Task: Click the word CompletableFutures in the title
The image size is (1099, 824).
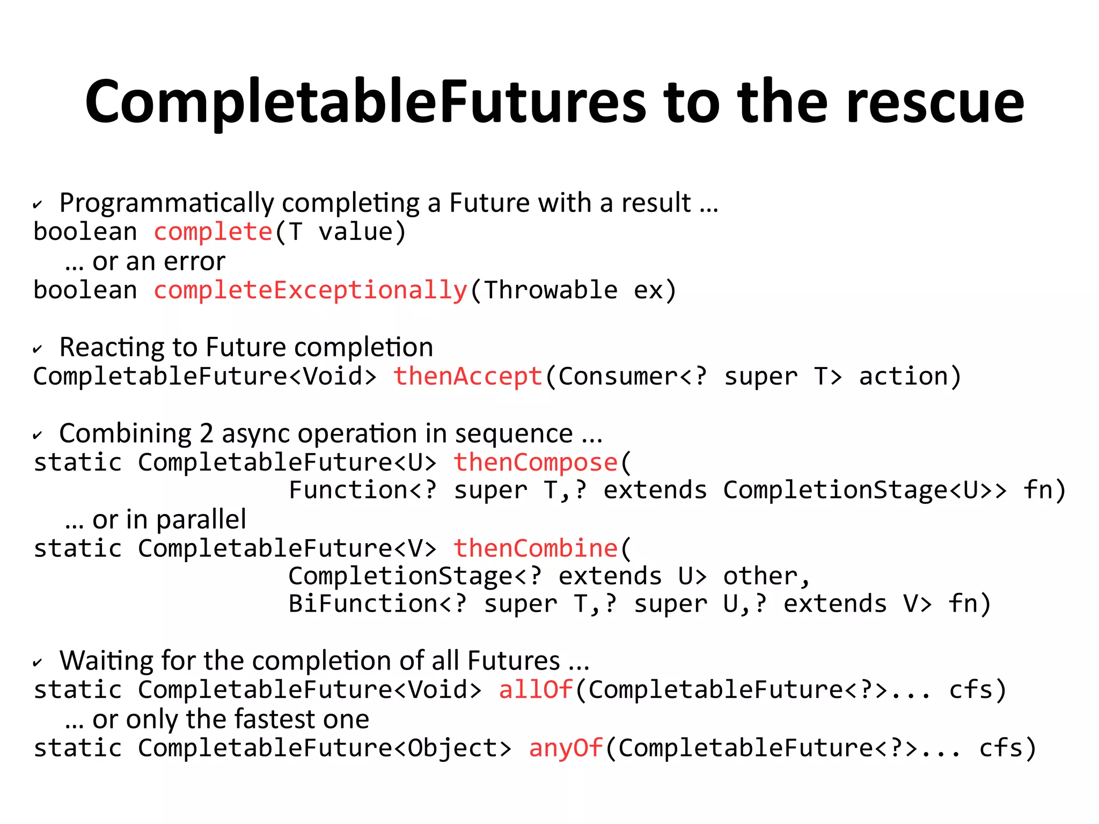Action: (365, 102)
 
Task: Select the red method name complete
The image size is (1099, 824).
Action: (213, 232)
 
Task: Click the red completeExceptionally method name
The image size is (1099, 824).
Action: (311, 291)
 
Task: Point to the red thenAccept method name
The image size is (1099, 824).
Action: (468, 377)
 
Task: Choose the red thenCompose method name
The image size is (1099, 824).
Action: (536, 462)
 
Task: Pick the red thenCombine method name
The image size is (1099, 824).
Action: (536, 548)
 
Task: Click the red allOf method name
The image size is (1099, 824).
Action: (536, 690)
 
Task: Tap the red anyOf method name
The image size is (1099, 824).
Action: (566, 748)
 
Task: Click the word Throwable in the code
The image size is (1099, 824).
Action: (551, 291)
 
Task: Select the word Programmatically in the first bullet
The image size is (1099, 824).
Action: (166, 203)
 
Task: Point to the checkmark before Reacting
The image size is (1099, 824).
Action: (37, 350)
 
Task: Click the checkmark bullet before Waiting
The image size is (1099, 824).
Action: (37, 663)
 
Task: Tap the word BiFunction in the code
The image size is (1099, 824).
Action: (363, 604)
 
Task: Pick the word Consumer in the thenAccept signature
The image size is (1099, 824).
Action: (618, 377)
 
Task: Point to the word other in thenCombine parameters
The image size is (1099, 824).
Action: (760, 577)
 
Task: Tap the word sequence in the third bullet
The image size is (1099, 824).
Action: (514, 433)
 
